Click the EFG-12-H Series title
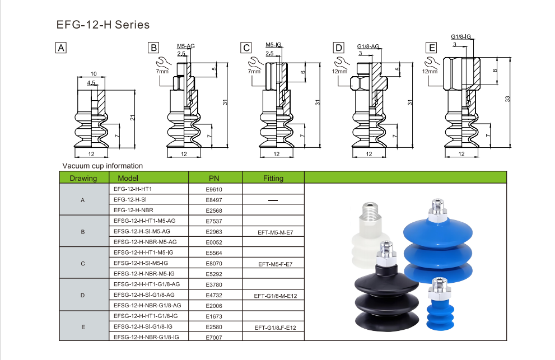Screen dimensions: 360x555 pyautogui.click(x=102, y=25)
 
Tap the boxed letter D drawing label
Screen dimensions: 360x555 pyautogui.click(x=339, y=48)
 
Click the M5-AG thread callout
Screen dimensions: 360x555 pyautogui.click(x=185, y=45)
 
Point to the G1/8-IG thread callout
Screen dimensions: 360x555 pyautogui.click(x=460, y=37)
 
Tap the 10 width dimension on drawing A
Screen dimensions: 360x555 pyautogui.click(x=94, y=74)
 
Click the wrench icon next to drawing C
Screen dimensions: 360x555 pyautogui.click(x=254, y=63)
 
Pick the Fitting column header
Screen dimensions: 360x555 pyautogui.click(x=273, y=178)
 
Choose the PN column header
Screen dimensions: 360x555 pyautogui.click(x=214, y=178)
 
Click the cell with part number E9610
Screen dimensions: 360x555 pyautogui.click(x=214, y=189)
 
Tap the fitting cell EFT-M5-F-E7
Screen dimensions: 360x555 pyautogui.click(x=273, y=263)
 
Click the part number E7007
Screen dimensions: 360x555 pyautogui.click(x=214, y=337)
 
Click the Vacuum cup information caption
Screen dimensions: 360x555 pyautogui.click(x=102, y=166)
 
